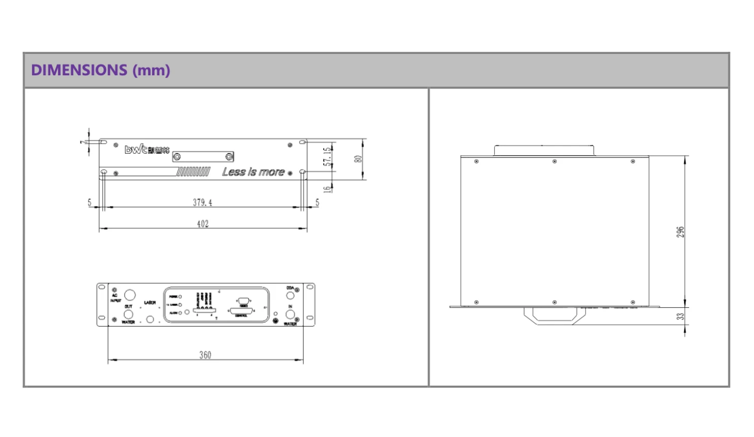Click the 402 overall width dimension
tap(203, 224)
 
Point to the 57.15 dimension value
tap(327, 157)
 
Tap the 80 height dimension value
tap(358, 159)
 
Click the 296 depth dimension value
tap(680, 232)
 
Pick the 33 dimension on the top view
tap(680, 316)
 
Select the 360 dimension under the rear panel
tap(205, 355)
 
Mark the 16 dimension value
tap(327, 188)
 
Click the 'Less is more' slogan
tap(254, 172)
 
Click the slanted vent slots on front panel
tap(193, 172)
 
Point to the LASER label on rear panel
tap(151, 303)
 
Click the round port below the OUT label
tap(128, 314)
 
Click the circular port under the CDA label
tap(290, 295)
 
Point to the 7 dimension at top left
tap(83, 142)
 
